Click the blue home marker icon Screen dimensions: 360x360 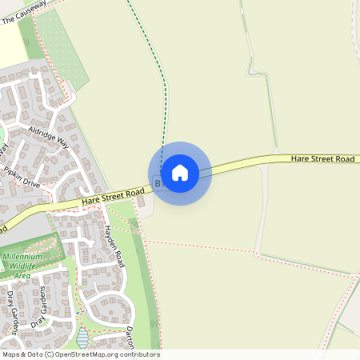click(180, 172)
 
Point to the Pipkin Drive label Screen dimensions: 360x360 click(22, 175)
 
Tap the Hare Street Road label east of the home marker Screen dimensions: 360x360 click(322, 159)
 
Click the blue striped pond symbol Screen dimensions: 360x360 click(83, 336)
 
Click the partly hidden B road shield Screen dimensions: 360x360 click(158, 183)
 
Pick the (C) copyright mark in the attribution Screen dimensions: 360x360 click(50, 354)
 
